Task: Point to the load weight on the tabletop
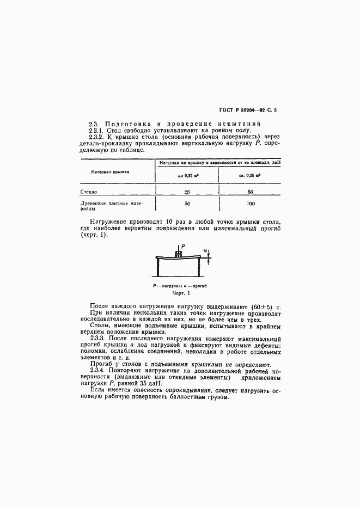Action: (178, 254)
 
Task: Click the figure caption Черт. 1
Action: (180, 293)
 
